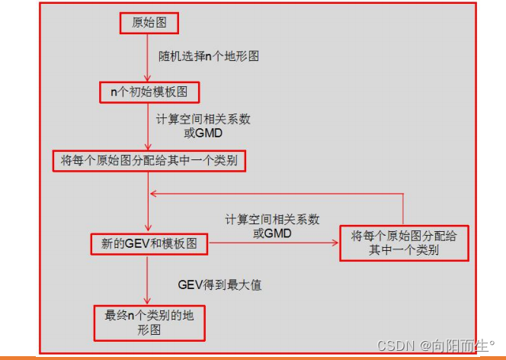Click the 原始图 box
point(149,24)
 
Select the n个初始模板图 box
point(149,93)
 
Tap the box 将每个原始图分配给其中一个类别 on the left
point(149,161)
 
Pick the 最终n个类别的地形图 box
point(149,323)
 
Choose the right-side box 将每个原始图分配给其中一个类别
point(403,243)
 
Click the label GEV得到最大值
point(209,285)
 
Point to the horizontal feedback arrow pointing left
point(274,193)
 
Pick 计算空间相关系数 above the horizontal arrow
point(272,220)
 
